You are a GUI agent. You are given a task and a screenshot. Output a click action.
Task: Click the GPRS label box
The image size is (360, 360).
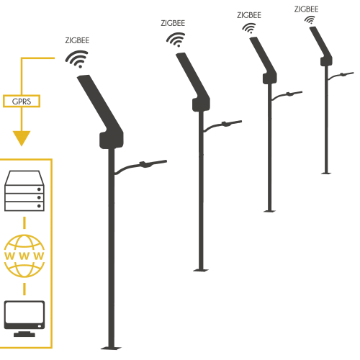tap(22, 101)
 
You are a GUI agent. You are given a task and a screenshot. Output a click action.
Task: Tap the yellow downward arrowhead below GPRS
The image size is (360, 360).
tap(22, 138)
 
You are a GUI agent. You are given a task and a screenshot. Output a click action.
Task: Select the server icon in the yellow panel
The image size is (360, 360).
tap(24, 191)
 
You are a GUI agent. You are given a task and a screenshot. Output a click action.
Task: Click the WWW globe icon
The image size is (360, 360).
tap(24, 256)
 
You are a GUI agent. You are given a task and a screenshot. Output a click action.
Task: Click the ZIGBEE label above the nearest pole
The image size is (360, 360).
tap(77, 40)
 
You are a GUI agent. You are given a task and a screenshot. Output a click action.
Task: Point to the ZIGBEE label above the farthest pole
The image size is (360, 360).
tap(307, 9)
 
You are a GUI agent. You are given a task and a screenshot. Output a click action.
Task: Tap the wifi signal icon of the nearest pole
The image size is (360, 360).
tap(77, 59)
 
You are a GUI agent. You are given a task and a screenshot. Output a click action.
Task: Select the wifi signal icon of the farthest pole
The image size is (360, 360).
tap(310, 19)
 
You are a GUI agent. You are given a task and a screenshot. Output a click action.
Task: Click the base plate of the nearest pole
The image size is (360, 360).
tap(111, 348)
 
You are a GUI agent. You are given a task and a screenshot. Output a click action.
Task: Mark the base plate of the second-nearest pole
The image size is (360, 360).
tap(201, 270)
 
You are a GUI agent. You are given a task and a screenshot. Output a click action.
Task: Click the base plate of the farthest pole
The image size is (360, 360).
tap(326, 173)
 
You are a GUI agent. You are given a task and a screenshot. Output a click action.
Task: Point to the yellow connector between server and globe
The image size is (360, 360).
tap(24, 223)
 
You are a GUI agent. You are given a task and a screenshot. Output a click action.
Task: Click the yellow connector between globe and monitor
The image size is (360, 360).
tap(24, 289)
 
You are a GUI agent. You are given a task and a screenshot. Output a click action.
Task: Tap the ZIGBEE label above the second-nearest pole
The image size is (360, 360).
tap(173, 23)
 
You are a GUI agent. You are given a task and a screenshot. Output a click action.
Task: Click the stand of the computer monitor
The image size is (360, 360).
tap(24, 334)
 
